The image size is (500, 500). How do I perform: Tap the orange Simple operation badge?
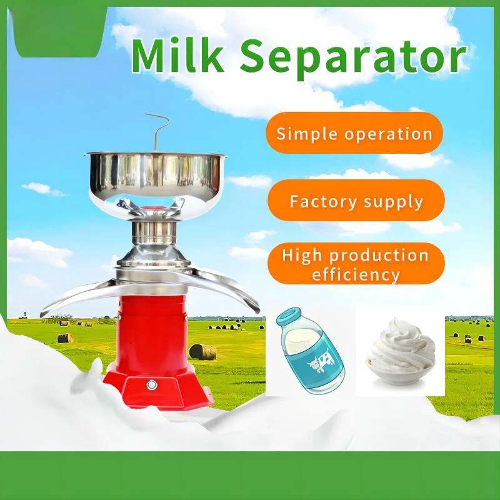point(354,132)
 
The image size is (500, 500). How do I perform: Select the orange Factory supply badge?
point(356,200)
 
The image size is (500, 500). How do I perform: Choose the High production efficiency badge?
point(356,263)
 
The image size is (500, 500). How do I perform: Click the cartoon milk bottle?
point(310,351)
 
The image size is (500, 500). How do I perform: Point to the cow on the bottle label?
point(321,361)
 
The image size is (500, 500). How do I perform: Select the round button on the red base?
point(151,385)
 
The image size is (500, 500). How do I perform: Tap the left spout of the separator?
point(80,296)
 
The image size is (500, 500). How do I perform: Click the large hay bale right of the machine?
point(202,352)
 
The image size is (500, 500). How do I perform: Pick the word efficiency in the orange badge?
point(356,275)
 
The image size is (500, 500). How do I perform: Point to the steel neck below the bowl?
point(154,232)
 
